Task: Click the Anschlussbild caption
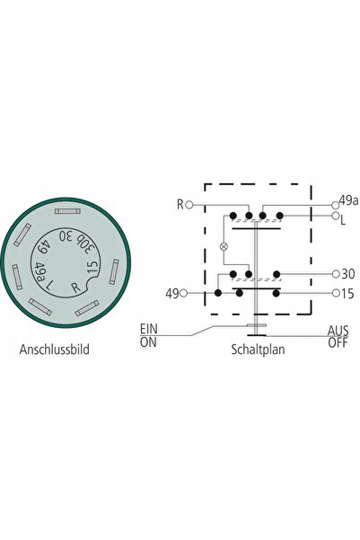[55, 350]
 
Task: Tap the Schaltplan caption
[258, 350]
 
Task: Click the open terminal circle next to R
[189, 205]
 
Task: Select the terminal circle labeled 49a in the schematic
[335, 205]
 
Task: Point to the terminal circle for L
[335, 216]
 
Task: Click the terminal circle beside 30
[336, 274]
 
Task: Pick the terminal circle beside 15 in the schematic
[336, 294]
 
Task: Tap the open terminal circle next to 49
[184, 294]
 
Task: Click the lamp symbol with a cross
[224, 246]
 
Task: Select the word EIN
[149, 329]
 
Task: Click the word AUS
[338, 331]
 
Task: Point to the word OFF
[338, 342]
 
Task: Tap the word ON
[148, 342]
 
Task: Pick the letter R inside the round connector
[75, 288]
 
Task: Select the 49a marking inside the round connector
[40, 272]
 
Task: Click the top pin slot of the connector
[68, 211]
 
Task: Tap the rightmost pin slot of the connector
[114, 271]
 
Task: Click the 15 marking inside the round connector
[92, 268]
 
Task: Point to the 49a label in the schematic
[349, 200]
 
